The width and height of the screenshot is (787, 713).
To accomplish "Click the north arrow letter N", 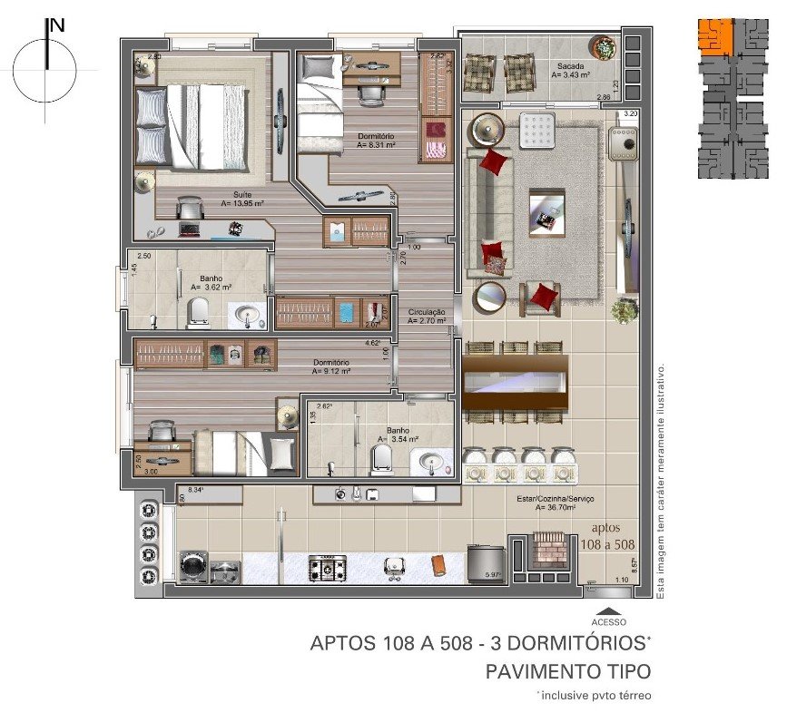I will pyautogui.click(x=57, y=25).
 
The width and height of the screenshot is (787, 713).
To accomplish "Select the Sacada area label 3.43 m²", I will pyautogui.click(x=571, y=72).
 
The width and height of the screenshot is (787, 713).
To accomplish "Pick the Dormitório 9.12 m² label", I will pyautogui.click(x=330, y=366).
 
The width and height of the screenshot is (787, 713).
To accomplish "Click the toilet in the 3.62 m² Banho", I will pyautogui.click(x=197, y=313).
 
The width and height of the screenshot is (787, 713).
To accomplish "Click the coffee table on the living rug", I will pyautogui.click(x=546, y=212).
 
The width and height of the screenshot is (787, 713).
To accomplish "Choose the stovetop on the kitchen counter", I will pyautogui.click(x=327, y=569).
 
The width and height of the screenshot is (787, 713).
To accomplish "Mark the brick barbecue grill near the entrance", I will pyautogui.click(x=547, y=550).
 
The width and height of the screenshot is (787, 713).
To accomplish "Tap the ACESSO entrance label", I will pyautogui.click(x=608, y=622).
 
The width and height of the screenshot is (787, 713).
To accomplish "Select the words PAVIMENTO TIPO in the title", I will pyautogui.click(x=568, y=672).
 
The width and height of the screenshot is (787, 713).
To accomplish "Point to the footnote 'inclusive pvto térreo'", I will pyautogui.click(x=593, y=696).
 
